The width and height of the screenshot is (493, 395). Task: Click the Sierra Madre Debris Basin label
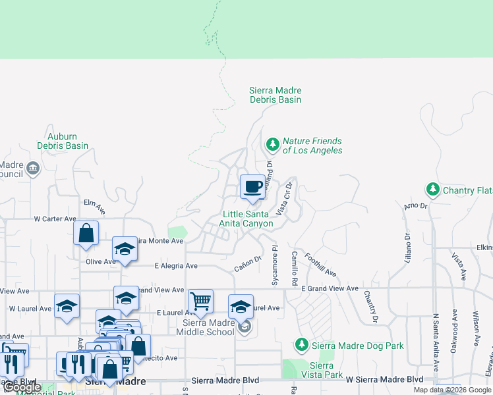click(275, 95)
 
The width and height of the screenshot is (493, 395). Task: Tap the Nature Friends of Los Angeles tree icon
click(272, 144)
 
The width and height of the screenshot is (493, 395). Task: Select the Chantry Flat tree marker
click(432, 190)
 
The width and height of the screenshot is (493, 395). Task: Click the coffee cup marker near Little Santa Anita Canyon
click(252, 188)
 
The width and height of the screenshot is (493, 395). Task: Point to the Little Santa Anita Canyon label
click(247, 219)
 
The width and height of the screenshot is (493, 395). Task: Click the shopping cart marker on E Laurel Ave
click(200, 302)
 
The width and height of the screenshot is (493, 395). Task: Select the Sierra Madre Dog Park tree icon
click(301, 344)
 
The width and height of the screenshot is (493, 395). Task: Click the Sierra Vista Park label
click(326, 370)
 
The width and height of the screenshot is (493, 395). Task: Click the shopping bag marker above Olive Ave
click(86, 233)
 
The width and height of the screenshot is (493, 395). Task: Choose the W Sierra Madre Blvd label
click(385, 379)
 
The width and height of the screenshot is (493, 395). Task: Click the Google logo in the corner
click(22, 388)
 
